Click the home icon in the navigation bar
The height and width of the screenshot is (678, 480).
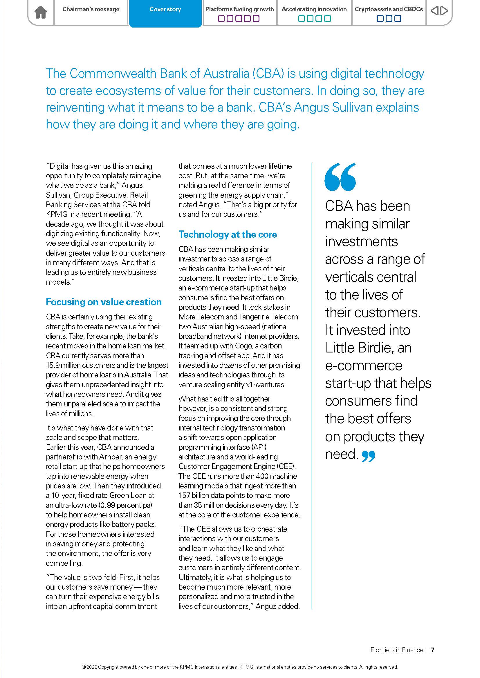click(x=41, y=12)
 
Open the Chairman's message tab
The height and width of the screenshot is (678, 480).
click(x=91, y=10)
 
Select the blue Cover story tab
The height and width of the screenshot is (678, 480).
click(x=165, y=10)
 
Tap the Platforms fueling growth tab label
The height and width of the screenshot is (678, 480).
click(x=239, y=9)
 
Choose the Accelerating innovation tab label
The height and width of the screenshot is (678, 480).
click(x=314, y=9)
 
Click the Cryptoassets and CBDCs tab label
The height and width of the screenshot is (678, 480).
click(x=389, y=9)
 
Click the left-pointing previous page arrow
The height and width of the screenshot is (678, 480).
click(x=434, y=11)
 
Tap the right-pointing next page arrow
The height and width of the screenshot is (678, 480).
click(x=444, y=11)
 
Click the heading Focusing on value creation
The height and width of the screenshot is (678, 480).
click(x=104, y=302)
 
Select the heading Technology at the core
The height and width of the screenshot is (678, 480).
click(x=228, y=235)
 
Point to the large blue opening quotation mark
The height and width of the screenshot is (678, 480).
click(x=340, y=177)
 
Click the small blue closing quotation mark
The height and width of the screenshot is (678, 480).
click(x=368, y=457)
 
